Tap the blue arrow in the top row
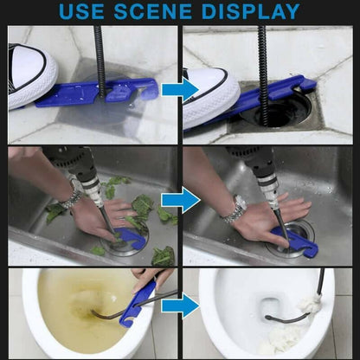coord(180,89)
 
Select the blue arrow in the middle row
coord(180,201)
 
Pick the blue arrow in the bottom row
coord(180,305)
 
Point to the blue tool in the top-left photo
coord(104,91)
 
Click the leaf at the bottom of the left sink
coord(162,256)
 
